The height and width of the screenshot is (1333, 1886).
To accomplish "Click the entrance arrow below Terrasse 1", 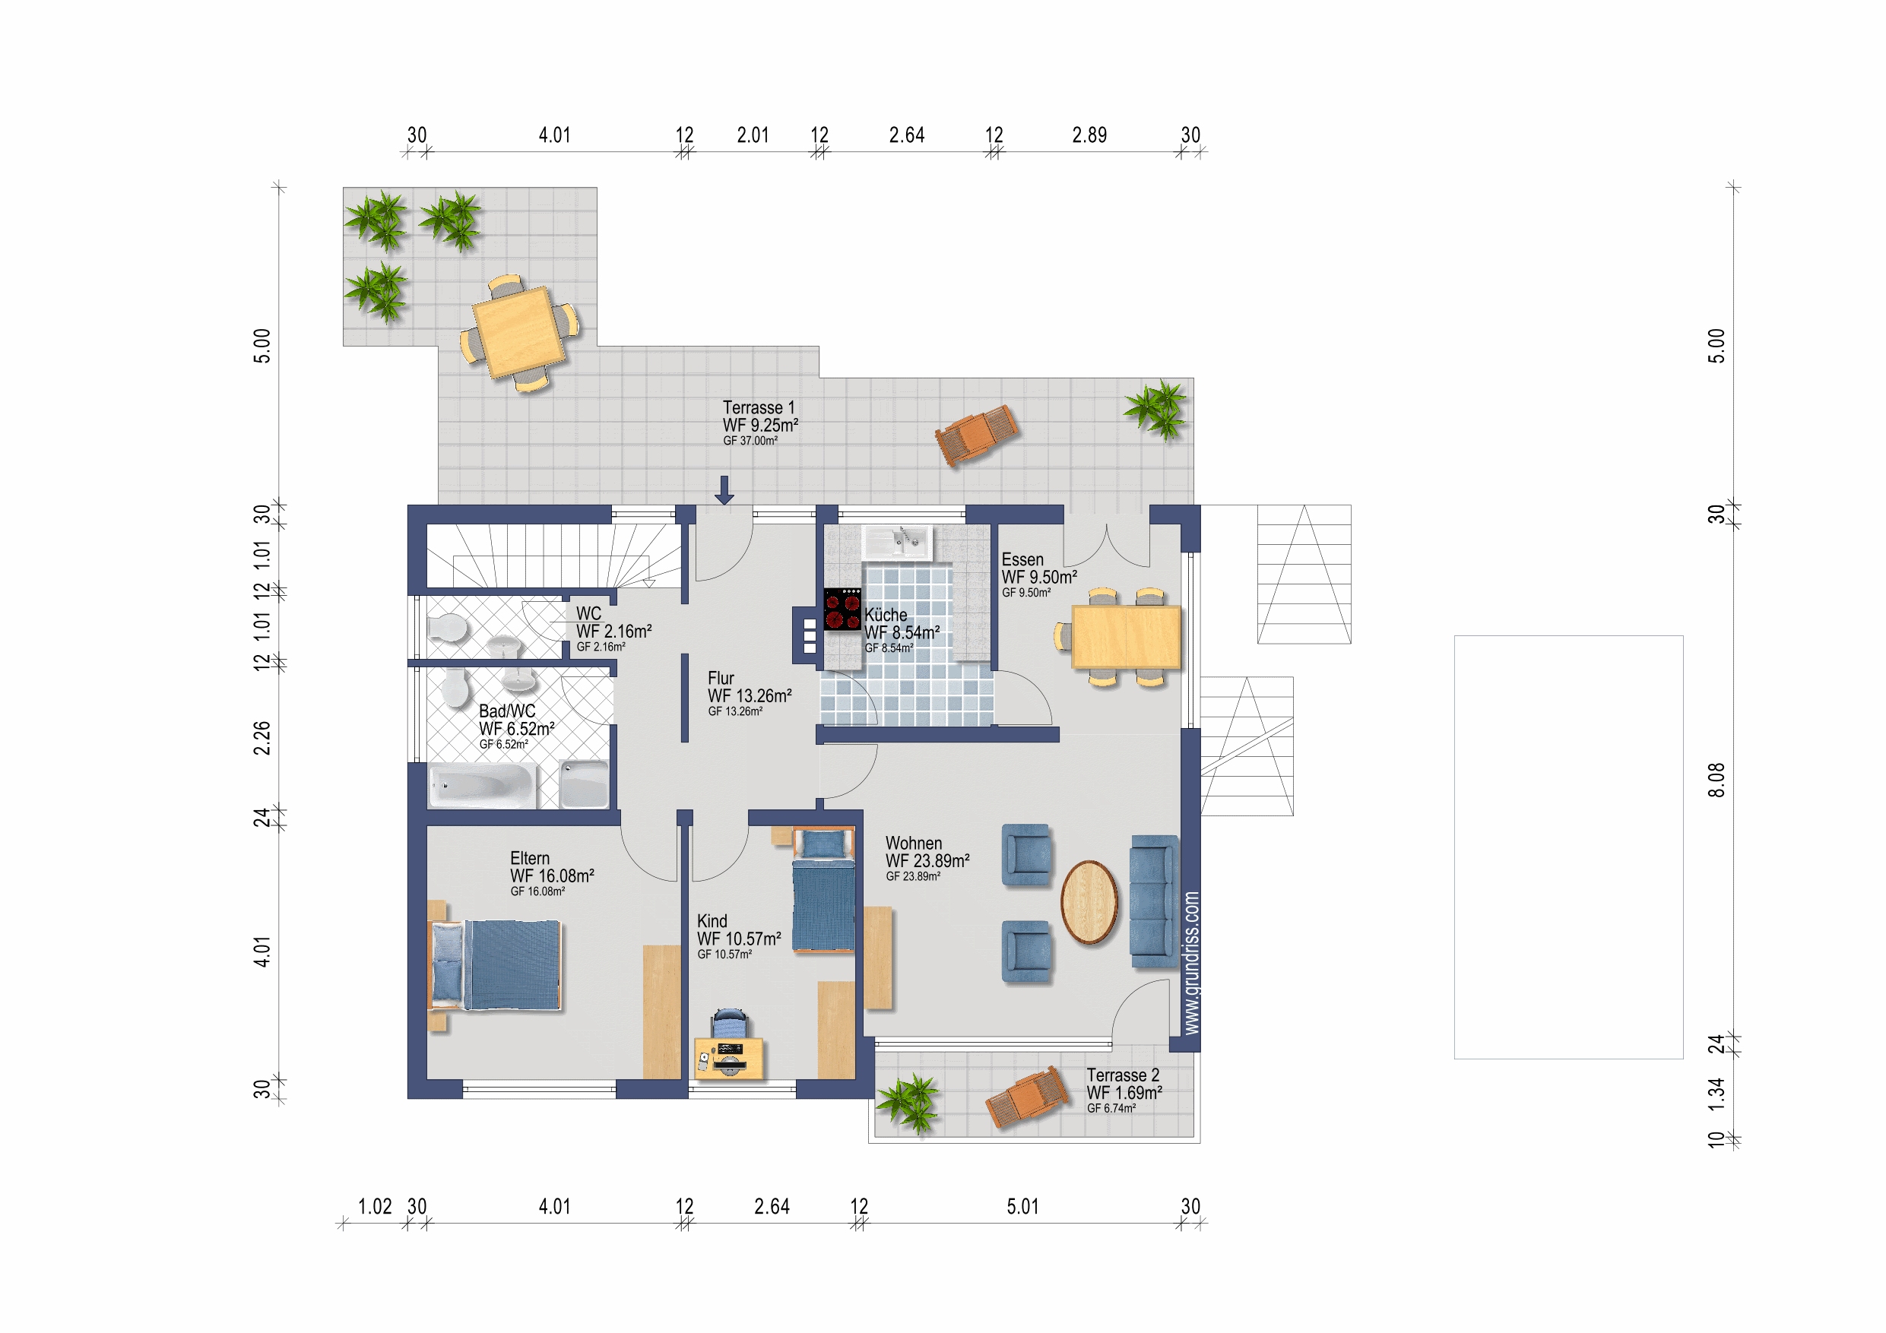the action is pyautogui.click(x=724, y=489).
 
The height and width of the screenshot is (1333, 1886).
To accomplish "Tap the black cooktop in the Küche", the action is pyautogui.click(x=842, y=610).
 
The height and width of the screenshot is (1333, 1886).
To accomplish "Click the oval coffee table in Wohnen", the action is pyautogui.click(x=1089, y=902).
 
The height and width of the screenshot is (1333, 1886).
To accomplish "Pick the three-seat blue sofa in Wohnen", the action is pyautogui.click(x=1154, y=901).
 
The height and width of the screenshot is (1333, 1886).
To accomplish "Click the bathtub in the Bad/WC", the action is pyautogui.click(x=483, y=785).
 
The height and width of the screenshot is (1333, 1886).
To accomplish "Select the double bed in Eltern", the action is pyautogui.click(x=496, y=964).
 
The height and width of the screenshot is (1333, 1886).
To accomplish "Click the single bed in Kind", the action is pyautogui.click(x=823, y=890).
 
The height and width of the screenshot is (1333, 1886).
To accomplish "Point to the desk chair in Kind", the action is pyautogui.click(x=730, y=1024).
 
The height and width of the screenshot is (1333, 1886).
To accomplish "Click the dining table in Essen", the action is pyautogui.click(x=1125, y=637).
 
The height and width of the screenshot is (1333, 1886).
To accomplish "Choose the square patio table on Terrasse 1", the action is pyautogui.click(x=519, y=332).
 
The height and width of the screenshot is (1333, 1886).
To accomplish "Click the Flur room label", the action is pyautogui.click(x=721, y=679).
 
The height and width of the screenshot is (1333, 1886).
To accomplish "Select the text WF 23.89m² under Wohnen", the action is pyautogui.click(x=927, y=861).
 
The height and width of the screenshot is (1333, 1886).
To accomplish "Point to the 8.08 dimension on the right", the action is pyautogui.click(x=1716, y=780).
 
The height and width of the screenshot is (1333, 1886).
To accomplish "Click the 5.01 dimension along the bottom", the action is pyautogui.click(x=1022, y=1207).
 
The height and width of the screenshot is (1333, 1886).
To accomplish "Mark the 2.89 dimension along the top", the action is pyautogui.click(x=1089, y=135).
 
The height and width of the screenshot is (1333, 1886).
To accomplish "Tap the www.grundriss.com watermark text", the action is pyautogui.click(x=1191, y=963).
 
